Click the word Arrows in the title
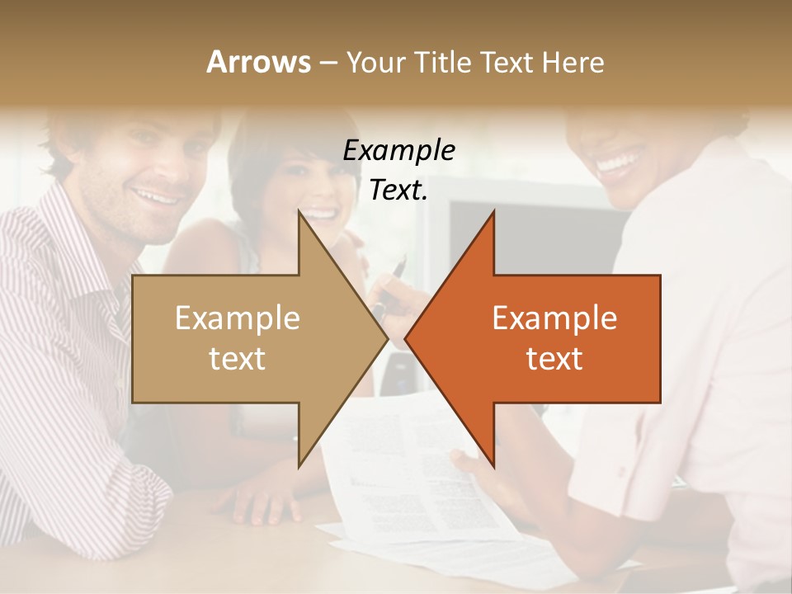pos(258,62)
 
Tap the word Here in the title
pos(574,63)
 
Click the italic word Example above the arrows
pos(398,151)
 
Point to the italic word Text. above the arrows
pos(398,191)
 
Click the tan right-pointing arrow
pos(247,338)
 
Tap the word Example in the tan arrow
pos(238,318)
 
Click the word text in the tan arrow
pos(238,359)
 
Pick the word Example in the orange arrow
pos(554,318)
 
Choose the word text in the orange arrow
pos(554,359)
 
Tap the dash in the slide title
pos(328,63)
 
